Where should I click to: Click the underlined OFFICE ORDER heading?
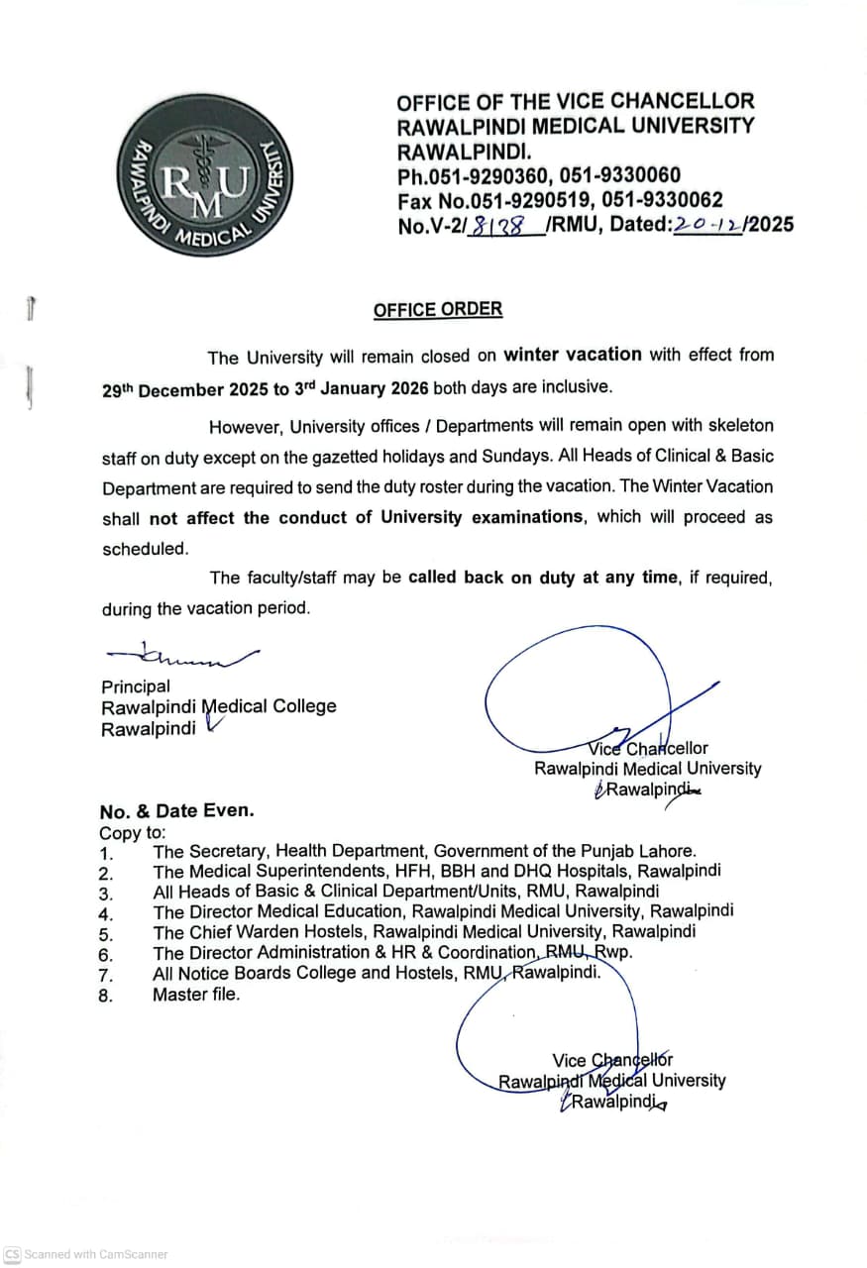tap(437, 309)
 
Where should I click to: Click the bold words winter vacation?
tap(573, 354)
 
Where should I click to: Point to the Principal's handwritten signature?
tap(184, 654)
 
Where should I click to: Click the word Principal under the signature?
tap(136, 687)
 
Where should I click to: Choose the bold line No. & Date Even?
tap(176, 810)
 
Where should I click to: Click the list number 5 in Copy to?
tap(106, 933)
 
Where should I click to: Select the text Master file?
tap(196, 995)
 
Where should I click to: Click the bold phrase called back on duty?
tap(490, 578)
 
